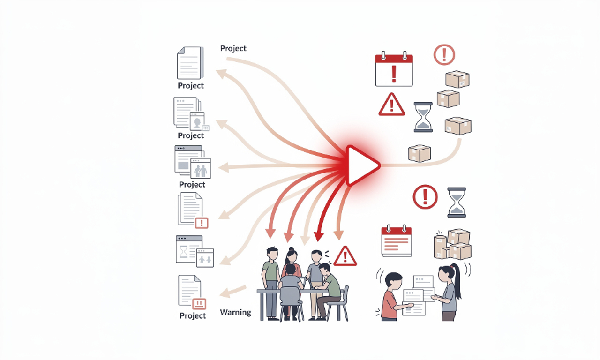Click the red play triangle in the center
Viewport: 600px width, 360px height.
(x=361, y=165)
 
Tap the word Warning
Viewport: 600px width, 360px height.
(x=235, y=312)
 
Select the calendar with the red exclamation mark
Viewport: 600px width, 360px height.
(x=394, y=70)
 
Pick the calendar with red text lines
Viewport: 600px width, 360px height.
(x=396, y=241)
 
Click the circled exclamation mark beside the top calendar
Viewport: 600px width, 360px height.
(x=444, y=54)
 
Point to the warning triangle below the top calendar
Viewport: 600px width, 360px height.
(x=391, y=105)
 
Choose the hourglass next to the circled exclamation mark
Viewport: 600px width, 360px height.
(x=457, y=202)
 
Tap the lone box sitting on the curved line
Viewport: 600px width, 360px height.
(x=419, y=153)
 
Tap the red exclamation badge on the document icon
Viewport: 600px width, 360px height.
(x=201, y=223)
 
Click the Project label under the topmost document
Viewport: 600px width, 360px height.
(x=191, y=86)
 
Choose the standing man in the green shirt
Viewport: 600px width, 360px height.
(x=271, y=281)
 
